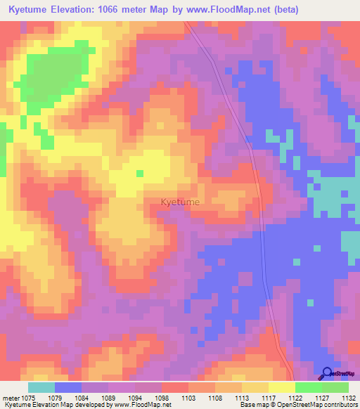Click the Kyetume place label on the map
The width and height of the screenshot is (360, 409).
coord(180,202)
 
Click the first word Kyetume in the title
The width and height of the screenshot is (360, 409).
coord(30,10)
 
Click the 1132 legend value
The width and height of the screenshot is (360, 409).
coord(347,399)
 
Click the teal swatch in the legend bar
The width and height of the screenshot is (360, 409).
coord(41,387)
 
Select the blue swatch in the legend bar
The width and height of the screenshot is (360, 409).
coord(68,387)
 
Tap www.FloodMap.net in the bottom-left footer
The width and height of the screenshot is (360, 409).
coord(143,405)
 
